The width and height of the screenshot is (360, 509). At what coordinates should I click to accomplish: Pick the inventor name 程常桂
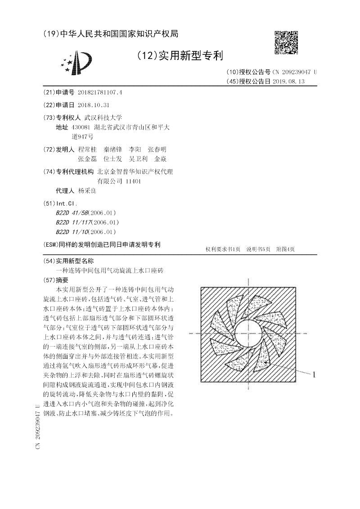87,149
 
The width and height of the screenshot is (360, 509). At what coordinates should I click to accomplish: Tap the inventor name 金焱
161,159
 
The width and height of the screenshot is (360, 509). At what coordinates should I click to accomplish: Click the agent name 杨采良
87,191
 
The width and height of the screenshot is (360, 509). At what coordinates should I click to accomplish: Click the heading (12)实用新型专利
180,55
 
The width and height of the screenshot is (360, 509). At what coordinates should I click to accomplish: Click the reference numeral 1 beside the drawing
314,374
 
